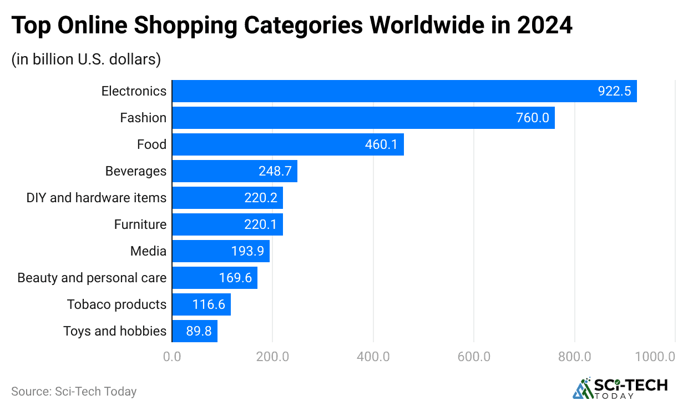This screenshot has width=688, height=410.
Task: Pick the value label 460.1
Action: pos(381,144)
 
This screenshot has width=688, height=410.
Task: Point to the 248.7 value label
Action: pos(275,171)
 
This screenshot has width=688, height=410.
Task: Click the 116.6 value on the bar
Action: pos(209,304)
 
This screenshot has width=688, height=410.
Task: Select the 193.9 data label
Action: pos(247,251)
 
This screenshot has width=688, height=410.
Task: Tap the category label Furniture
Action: pos(140,224)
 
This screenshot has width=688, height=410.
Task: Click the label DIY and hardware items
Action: pos(96,198)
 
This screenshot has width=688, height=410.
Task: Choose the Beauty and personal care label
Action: pos(92,278)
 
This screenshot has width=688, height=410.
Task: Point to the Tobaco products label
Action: pos(117,304)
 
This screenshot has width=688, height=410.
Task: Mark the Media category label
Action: pos(148,251)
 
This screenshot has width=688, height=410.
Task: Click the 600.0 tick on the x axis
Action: pos(474,357)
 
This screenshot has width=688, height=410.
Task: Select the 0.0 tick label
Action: pos(172,357)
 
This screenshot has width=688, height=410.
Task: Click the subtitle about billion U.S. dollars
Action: pos(86,59)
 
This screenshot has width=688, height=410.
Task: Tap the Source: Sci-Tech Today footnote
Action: pos(74,391)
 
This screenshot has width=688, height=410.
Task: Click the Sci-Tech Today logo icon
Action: pos(582,389)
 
